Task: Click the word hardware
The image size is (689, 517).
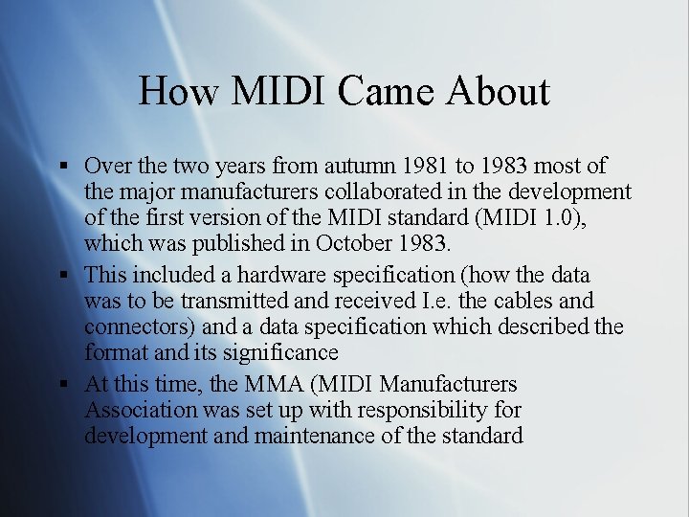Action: point(282,275)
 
